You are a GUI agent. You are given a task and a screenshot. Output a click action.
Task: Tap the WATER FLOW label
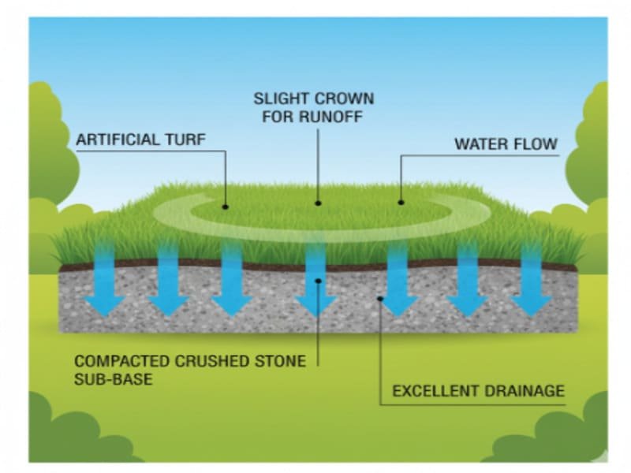coord(506,144)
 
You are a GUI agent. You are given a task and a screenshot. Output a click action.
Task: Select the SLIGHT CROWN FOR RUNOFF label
coord(313,109)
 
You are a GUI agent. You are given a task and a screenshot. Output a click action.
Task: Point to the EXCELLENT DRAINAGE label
coord(478,390)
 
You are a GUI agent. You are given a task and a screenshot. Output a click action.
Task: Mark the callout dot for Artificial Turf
coord(226,207)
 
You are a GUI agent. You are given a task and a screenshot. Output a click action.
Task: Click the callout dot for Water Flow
coord(401,202)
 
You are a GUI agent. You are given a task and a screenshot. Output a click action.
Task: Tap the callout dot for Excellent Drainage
coord(381,298)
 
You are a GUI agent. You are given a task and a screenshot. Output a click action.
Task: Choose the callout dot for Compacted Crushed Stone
coord(317,280)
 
